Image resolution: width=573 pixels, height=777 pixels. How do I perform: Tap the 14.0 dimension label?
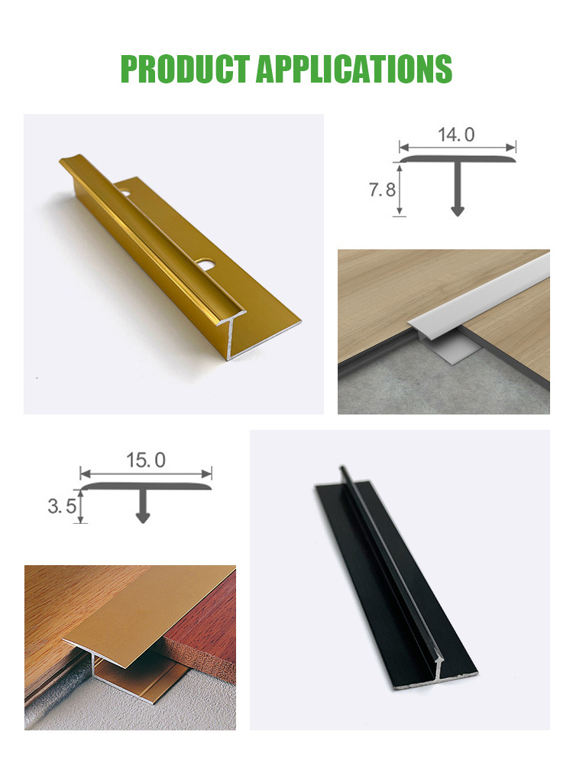[456, 135]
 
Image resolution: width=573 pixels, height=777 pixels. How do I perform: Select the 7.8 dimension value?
[382, 190]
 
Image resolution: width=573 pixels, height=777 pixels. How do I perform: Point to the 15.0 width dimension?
[146, 460]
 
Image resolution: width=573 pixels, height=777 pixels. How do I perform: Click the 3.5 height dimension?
[62, 506]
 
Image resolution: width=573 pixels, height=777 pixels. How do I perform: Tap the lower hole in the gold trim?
[204, 264]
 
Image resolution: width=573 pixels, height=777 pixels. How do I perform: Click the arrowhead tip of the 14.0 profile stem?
[458, 216]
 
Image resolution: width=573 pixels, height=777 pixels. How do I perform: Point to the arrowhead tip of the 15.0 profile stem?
[143, 523]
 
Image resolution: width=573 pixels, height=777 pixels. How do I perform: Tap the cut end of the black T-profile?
[435, 674]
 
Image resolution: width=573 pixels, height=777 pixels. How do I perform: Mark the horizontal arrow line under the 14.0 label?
[458, 147]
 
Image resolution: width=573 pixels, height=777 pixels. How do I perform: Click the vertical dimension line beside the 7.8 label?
[399, 190]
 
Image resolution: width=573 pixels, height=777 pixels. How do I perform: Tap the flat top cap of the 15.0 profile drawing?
[146, 486]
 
